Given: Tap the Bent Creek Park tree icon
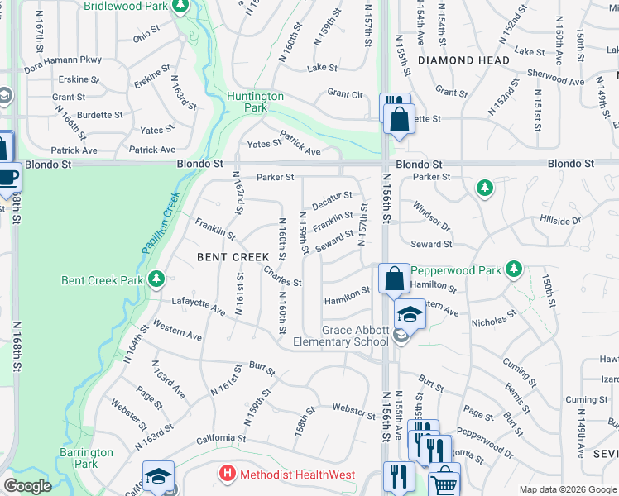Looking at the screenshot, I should click(156, 280).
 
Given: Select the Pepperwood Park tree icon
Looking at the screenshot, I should click(514, 269).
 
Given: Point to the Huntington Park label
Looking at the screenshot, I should click(257, 102).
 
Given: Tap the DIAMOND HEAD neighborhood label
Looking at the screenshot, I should click(463, 60).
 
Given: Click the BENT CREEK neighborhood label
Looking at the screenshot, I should click(233, 257).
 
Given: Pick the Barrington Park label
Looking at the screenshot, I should click(86, 458).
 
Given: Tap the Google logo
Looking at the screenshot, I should click(27, 486).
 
